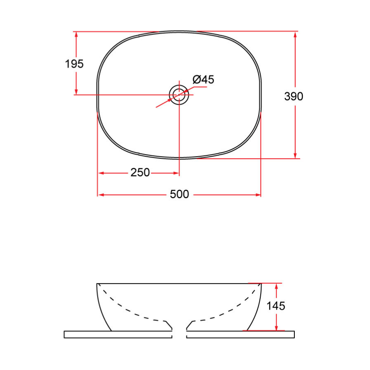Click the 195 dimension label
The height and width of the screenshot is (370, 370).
pos(74,64)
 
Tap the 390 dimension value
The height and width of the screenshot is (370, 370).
pos(294,96)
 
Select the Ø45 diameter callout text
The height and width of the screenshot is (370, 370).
pos(203,79)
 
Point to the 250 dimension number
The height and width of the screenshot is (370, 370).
pos(140,173)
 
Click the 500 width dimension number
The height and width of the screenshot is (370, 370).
pos(179,194)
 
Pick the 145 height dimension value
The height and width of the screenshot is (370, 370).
pos(276,306)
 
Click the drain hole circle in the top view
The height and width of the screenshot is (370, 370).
pos(179,95)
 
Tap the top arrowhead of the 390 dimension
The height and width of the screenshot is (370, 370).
pos(295,35)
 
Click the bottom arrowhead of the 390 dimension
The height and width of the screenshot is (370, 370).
pos(295,155)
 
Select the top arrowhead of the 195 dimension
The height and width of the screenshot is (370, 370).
pos(76,35)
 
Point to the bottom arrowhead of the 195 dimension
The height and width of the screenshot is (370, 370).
pos(76,91)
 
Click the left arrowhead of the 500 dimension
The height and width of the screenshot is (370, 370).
pos(101,194)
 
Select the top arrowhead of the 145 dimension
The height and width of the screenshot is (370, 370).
pos(276,286)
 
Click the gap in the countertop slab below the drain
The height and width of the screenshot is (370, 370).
pos(179,334)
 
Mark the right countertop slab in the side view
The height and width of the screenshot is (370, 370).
pos(240,334)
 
